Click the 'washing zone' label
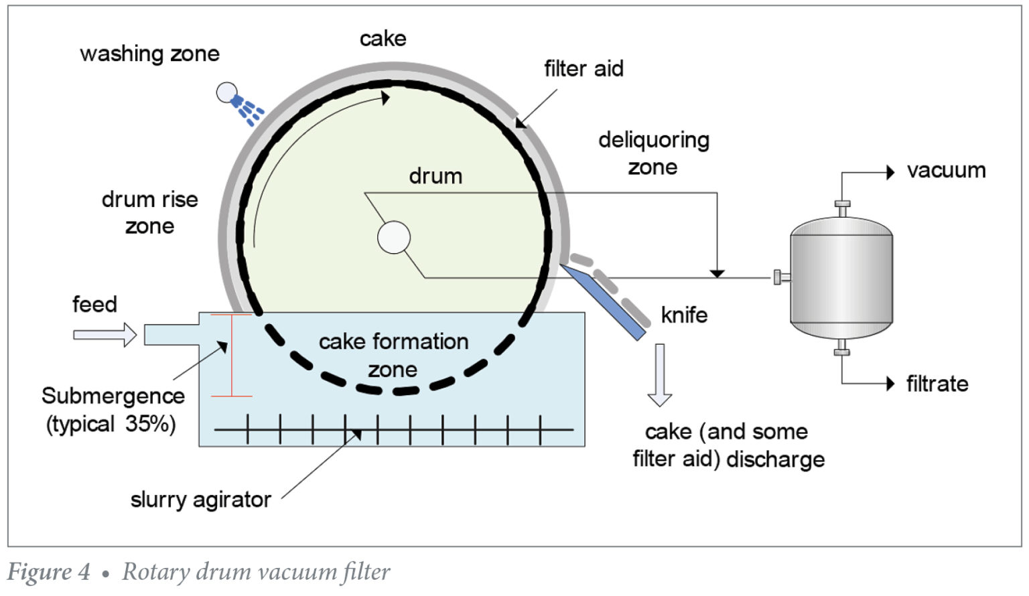[149, 54]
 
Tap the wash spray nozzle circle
[226, 92]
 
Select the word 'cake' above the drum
[383, 39]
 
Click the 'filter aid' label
[584, 68]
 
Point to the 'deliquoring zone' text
[653, 153]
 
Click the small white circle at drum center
[394, 238]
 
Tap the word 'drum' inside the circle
[435, 176]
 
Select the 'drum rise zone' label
[149, 212]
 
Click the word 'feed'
[94, 304]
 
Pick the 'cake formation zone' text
[393, 355]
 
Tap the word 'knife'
[684, 315]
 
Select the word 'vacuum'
[946, 170]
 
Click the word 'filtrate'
[937, 384]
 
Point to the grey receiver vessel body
[841, 278]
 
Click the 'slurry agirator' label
[200, 500]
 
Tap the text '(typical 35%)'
[111, 424]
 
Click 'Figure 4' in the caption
[48, 572]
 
